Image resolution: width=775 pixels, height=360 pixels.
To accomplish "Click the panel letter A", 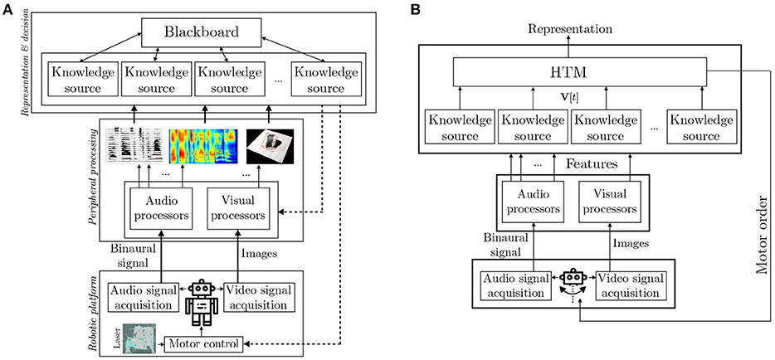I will [x=7, y=10].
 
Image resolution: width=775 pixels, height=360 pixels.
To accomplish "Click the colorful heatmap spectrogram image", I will [x=201, y=144].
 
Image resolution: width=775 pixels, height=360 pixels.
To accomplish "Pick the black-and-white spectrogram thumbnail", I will [x=135, y=144].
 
